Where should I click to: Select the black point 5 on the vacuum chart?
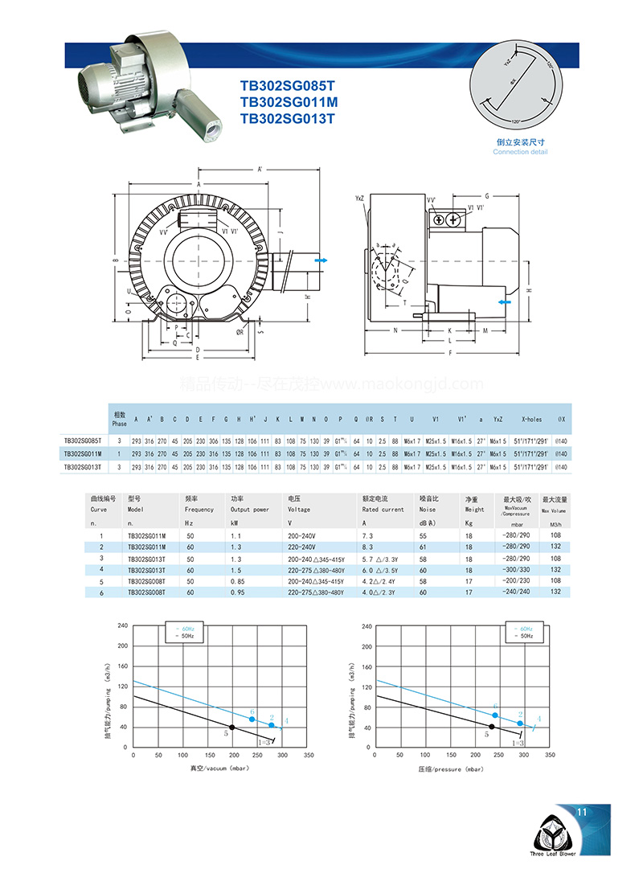click(233, 727)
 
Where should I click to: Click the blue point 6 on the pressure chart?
click(495, 715)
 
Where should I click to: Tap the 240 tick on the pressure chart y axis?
click(367, 625)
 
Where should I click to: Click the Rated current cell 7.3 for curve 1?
click(368, 535)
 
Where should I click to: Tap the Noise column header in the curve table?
click(428, 509)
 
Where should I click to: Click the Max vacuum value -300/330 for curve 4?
click(514, 569)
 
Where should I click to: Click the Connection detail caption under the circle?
click(520, 152)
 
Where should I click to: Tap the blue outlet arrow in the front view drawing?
click(321, 261)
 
